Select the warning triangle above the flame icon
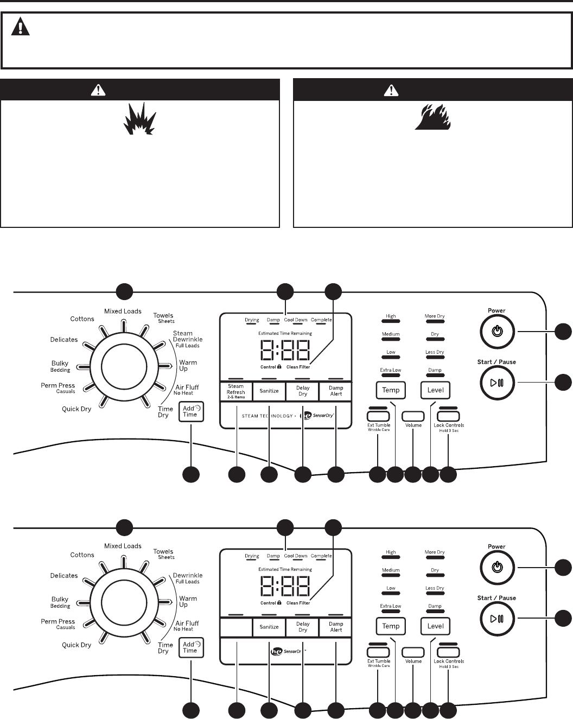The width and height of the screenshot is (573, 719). coord(391,91)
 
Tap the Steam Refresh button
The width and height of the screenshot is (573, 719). coord(236,391)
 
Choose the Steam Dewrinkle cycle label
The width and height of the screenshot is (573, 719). coord(187,339)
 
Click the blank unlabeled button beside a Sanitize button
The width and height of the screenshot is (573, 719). coord(236,627)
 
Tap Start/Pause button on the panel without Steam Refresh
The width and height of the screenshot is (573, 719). coord(496,619)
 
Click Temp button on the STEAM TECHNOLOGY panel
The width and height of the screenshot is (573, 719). coord(391,390)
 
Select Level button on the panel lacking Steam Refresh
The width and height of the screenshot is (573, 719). coord(435,626)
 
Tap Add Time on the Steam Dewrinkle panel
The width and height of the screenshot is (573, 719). coord(191,411)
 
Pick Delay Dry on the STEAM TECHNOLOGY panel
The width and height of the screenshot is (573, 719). coord(303,391)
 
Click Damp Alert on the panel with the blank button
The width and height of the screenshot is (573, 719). coord(336,627)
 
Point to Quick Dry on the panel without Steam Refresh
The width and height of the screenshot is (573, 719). coord(77,645)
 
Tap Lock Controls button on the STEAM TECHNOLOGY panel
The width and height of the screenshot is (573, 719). coord(449,416)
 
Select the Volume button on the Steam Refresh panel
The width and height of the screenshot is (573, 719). coord(413,416)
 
